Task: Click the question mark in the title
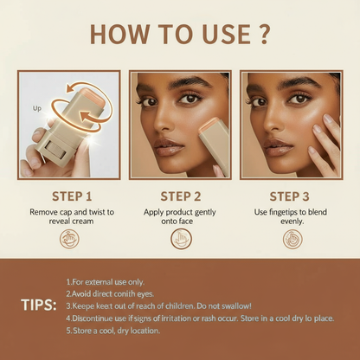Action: point(263,35)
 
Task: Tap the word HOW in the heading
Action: point(119,35)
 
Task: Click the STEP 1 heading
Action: point(72,196)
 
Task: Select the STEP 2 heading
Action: point(181,196)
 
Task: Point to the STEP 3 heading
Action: point(289,196)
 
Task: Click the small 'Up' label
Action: point(37,109)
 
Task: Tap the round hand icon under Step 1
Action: point(69,239)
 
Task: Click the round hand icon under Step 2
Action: point(181,239)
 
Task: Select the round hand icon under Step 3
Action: point(292,239)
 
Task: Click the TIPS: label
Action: point(39,305)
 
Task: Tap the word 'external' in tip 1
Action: point(99,282)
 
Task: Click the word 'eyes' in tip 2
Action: point(145,294)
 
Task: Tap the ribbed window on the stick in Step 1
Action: point(56,150)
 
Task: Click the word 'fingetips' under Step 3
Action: point(284,212)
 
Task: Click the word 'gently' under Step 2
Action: point(205,213)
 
